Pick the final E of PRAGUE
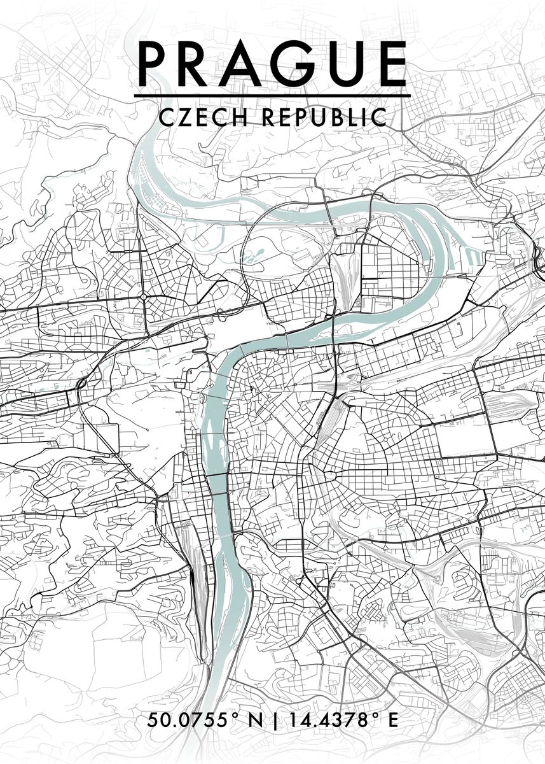tap(388, 64)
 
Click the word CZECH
tap(196, 117)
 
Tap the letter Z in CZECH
tap(183, 117)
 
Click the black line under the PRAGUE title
tap(272, 96)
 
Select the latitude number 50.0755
tap(188, 721)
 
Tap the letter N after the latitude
tap(255, 721)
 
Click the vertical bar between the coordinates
tap(275, 721)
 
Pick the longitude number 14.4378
tap(325, 721)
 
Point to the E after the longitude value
tap(392, 721)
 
